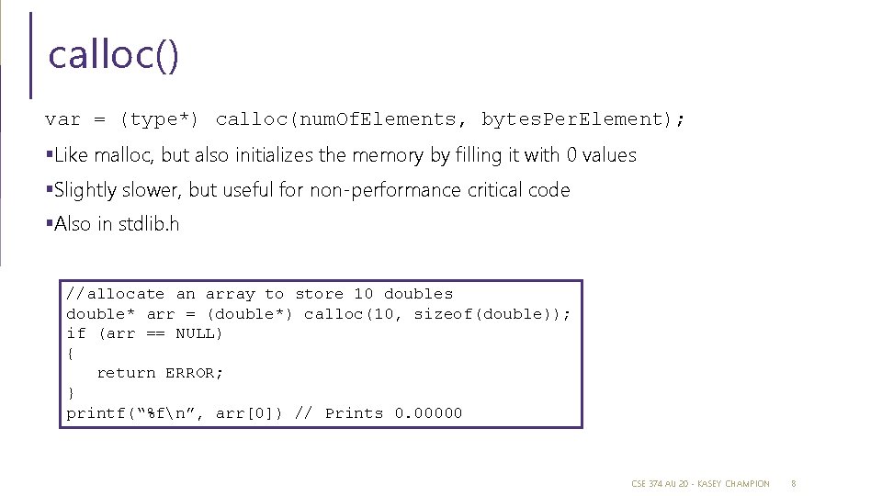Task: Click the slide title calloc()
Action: pos(113,55)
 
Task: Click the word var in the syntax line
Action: pos(62,119)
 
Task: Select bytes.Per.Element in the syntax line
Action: pos(571,119)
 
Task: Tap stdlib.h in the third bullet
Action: pos(149,224)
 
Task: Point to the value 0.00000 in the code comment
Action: pos(428,413)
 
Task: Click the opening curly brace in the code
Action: pos(70,353)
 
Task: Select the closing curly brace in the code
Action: pos(70,393)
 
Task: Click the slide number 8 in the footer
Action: pos(794,483)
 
